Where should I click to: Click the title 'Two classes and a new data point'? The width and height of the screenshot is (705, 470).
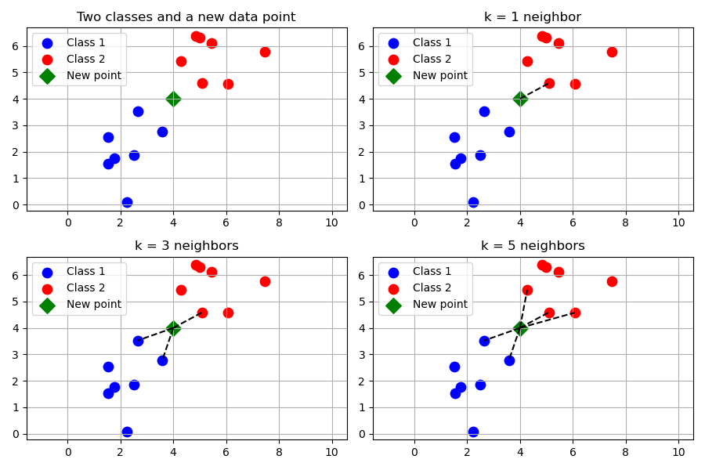pyautogui.click(x=186, y=17)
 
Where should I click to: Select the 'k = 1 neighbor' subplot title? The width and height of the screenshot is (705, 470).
pyautogui.click(x=533, y=17)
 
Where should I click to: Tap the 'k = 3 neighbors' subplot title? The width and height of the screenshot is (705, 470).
pyautogui.click(x=186, y=246)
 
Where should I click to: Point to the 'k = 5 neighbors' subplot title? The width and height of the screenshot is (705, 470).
pyautogui.click(x=533, y=246)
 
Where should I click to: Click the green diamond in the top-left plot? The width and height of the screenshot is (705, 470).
pyautogui.click(x=173, y=99)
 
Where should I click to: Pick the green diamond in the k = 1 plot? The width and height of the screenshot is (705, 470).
pyautogui.click(x=520, y=99)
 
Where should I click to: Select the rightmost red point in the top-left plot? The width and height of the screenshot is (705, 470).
pyautogui.click(x=265, y=52)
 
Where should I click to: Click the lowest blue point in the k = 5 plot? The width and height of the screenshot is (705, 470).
pyautogui.click(x=473, y=432)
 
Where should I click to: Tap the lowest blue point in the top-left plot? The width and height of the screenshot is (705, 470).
pyautogui.click(x=127, y=202)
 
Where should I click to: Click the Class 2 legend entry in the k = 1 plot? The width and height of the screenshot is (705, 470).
pyautogui.click(x=432, y=60)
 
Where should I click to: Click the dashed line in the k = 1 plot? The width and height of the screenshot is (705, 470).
pyautogui.click(x=535, y=91)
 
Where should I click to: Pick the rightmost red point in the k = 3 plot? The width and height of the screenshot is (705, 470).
pyautogui.click(x=265, y=281)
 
